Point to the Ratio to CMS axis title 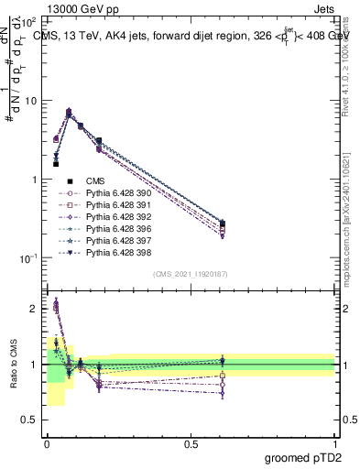[x=13, y=365]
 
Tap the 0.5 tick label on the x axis [x=191, y=443]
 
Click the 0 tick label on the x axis [x=47, y=443]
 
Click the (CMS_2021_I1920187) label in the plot [x=191, y=274]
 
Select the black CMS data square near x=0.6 [x=223, y=223]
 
